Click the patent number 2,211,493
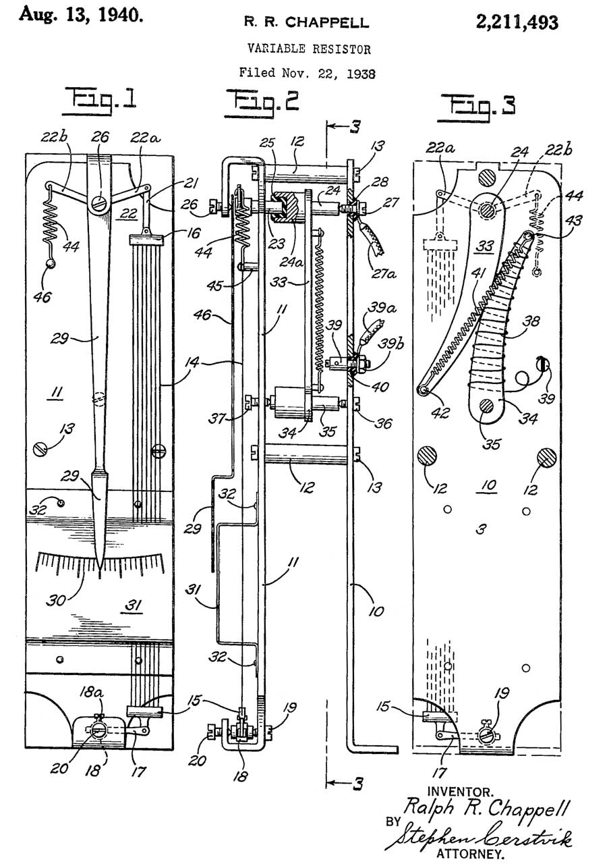click(x=517, y=22)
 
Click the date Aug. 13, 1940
click(x=81, y=15)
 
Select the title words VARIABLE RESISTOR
click(x=309, y=49)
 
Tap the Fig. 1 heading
click(x=99, y=102)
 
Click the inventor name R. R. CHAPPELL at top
click(x=306, y=22)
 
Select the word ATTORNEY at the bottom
click(x=470, y=853)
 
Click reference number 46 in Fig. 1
click(x=42, y=297)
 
